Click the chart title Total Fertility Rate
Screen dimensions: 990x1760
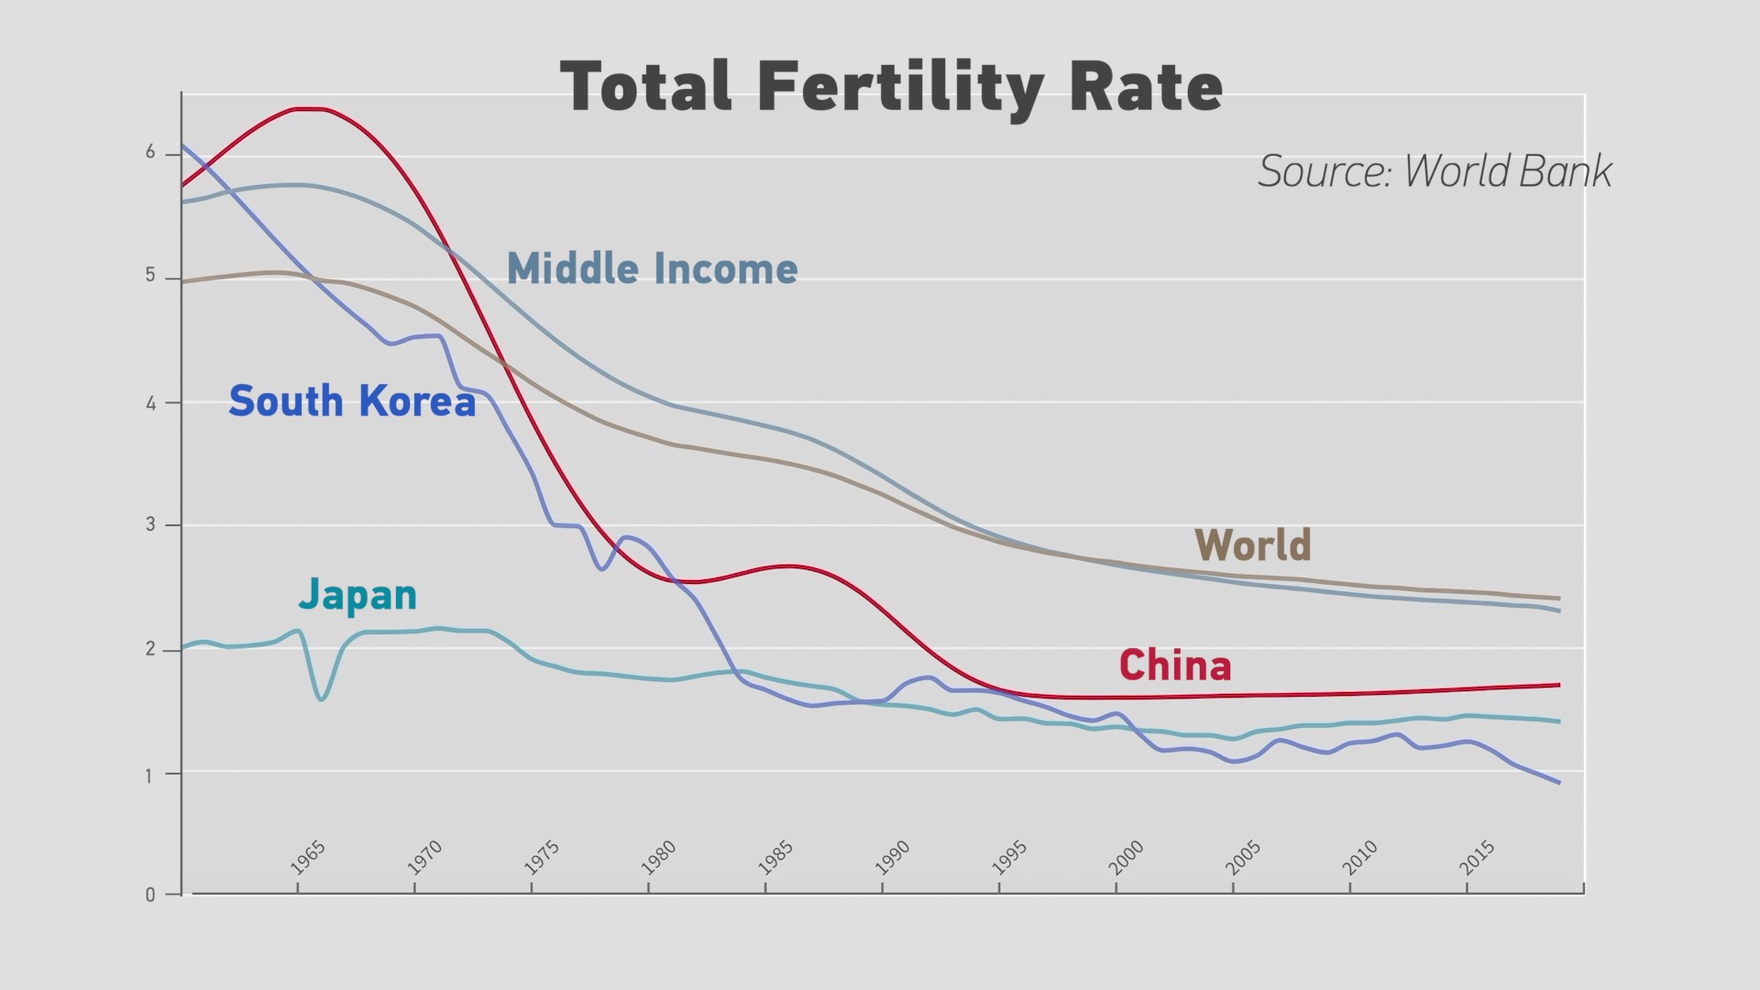click(891, 87)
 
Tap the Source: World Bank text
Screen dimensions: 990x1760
click(1435, 171)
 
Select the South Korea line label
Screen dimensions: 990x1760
click(352, 401)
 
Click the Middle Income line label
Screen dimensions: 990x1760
click(652, 269)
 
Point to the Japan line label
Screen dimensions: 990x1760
click(357, 595)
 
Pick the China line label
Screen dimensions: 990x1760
click(1174, 665)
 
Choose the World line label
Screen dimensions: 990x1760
click(1252, 545)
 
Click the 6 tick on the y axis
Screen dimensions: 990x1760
click(150, 153)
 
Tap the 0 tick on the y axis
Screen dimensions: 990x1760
click(150, 895)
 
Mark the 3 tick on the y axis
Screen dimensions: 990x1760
click(150, 524)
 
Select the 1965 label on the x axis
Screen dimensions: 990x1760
click(308, 858)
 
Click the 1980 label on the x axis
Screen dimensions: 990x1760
click(658, 858)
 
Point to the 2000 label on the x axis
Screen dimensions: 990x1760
click(1126, 858)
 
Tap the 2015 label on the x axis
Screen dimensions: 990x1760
click(1477, 858)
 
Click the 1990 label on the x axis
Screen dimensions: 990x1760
click(892, 858)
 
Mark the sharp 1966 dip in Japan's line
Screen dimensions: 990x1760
click(322, 699)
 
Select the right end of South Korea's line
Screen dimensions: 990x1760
click(1558, 782)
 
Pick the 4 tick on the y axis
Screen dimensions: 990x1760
click(150, 402)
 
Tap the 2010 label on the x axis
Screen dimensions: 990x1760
click(1360, 858)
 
